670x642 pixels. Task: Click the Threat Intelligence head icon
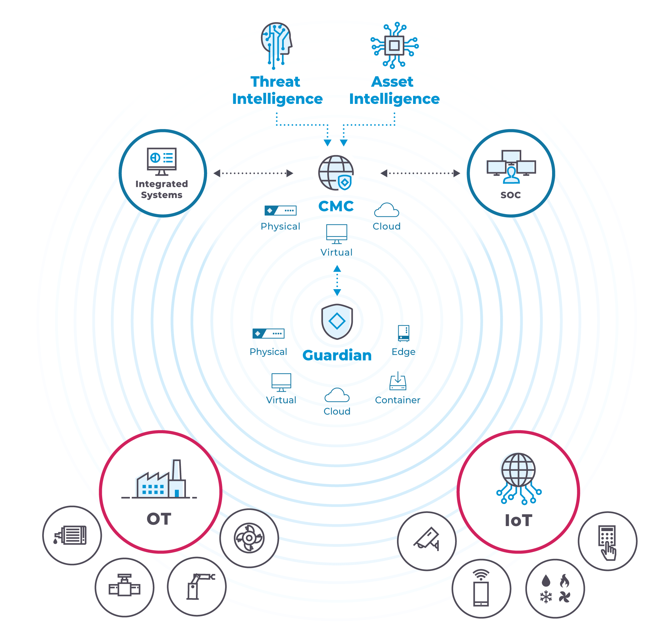(x=276, y=45)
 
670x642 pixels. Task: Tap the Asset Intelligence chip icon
(x=394, y=46)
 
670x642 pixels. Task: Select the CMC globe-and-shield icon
(x=336, y=173)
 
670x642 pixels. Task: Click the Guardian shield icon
(x=337, y=321)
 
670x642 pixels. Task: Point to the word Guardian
(x=337, y=356)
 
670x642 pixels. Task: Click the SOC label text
(x=511, y=195)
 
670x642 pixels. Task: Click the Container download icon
(x=398, y=381)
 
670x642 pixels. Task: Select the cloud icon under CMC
(x=387, y=210)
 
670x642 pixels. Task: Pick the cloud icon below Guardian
(x=337, y=395)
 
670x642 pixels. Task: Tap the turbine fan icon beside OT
(x=249, y=538)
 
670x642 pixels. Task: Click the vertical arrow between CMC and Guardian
(x=337, y=281)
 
